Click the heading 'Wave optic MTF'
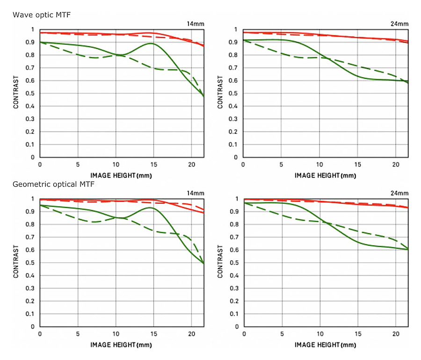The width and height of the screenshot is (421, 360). [42, 15]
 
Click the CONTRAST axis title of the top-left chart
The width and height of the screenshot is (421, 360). [16, 94]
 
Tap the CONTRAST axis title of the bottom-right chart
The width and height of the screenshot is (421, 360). [220, 263]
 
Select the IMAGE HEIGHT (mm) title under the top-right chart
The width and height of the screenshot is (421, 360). [325, 176]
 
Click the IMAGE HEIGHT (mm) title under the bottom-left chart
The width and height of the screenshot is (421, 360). [121, 345]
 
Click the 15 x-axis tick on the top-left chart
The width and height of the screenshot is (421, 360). [153, 165]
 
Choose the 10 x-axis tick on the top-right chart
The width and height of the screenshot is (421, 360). [319, 165]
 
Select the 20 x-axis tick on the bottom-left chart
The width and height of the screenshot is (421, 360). [191, 334]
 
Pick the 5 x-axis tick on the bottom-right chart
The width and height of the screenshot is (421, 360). [282, 334]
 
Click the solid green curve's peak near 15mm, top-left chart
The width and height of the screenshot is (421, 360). [151, 43]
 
